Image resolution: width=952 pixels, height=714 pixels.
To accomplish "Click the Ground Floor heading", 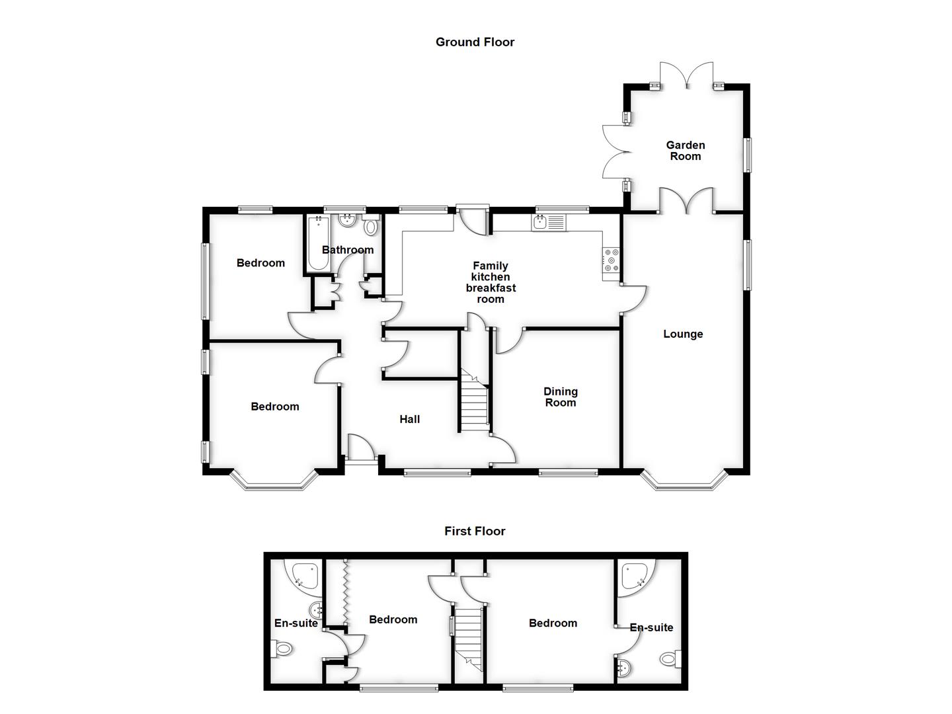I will [475, 42].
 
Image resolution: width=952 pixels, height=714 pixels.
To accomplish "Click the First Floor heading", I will [475, 531].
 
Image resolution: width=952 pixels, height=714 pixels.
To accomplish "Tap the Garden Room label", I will [686, 151].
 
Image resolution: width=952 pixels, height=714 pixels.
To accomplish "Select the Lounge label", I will [683, 334].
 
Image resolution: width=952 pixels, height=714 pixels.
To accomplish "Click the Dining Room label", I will [560, 397].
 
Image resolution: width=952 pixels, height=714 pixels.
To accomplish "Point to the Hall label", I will [409, 419].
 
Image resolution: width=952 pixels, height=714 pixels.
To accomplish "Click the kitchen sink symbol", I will [549, 223].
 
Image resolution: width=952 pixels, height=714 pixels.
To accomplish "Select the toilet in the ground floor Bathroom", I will [371, 226].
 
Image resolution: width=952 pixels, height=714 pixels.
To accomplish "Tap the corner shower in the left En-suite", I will [304, 575].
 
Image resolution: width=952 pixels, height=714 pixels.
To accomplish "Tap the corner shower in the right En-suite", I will [635, 575].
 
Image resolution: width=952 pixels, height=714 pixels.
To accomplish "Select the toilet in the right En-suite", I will [670, 658].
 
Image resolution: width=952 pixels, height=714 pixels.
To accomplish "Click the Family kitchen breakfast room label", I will [491, 283].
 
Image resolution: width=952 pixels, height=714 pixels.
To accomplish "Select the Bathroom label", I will [348, 250].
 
